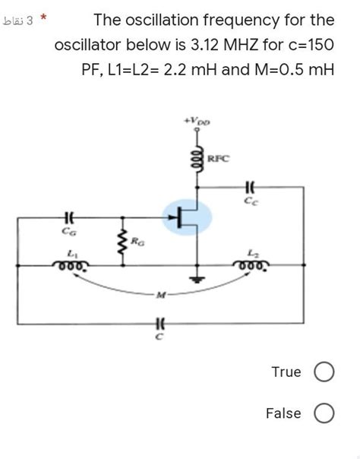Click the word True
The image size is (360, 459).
tap(286, 372)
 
